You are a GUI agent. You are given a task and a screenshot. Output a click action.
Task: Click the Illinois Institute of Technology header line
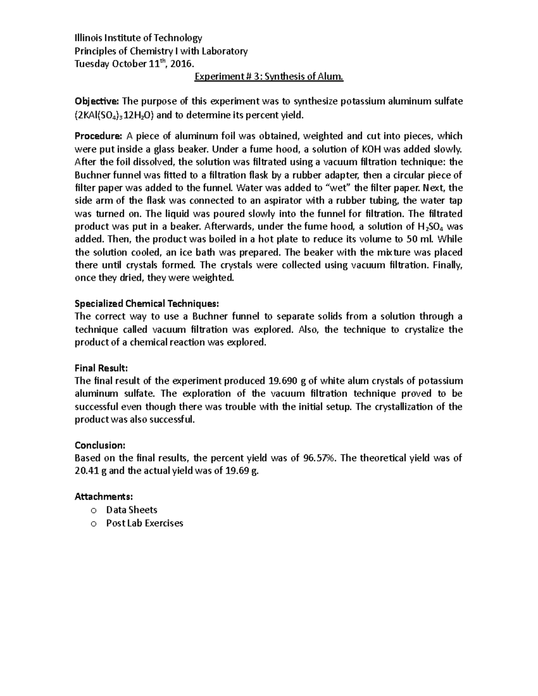click(x=139, y=38)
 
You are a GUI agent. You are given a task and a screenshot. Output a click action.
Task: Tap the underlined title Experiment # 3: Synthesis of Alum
click(x=269, y=77)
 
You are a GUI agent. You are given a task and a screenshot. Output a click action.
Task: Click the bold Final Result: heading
click(x=101, y=368)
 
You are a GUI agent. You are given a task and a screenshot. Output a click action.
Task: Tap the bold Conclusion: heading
click(x=100, y=445)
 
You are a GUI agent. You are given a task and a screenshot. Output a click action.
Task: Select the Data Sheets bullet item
click(x=131, y=510)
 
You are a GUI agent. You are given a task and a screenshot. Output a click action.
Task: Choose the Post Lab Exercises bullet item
click(x=144, y=523)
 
